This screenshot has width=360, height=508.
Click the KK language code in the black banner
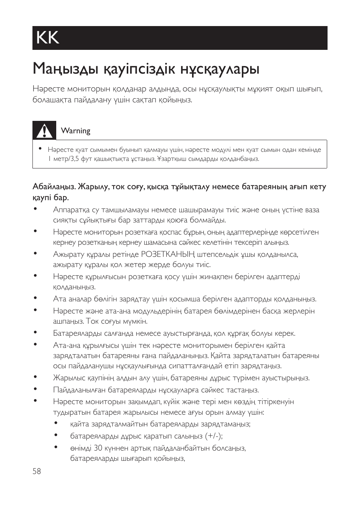tap(48, 38)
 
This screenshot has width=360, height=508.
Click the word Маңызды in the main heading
tap(60, 69)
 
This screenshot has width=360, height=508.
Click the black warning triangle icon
tap(44, 131)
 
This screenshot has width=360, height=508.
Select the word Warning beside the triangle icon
tap(75, 131)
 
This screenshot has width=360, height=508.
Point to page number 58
tap(37, 471)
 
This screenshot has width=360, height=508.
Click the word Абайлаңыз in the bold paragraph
tap(54, 187)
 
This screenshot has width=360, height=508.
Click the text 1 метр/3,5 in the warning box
tap(63, 159)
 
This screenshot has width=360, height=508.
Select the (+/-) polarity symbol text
tap(214, 436)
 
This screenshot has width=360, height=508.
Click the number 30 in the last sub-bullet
tap(98, 448)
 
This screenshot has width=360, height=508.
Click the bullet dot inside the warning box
tap(40, 148)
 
